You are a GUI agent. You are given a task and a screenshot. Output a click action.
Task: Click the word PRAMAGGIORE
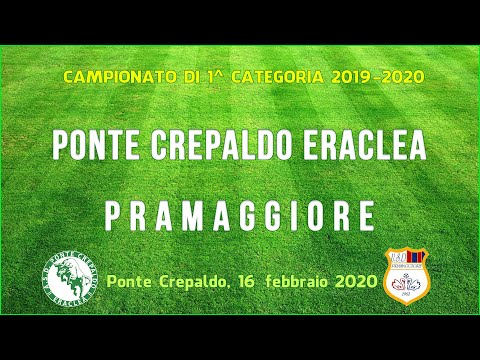coord(239,215)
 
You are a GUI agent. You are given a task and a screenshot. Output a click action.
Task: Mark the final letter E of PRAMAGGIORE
coord(367,215)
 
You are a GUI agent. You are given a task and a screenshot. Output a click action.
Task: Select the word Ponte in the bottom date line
coord(127,282)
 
